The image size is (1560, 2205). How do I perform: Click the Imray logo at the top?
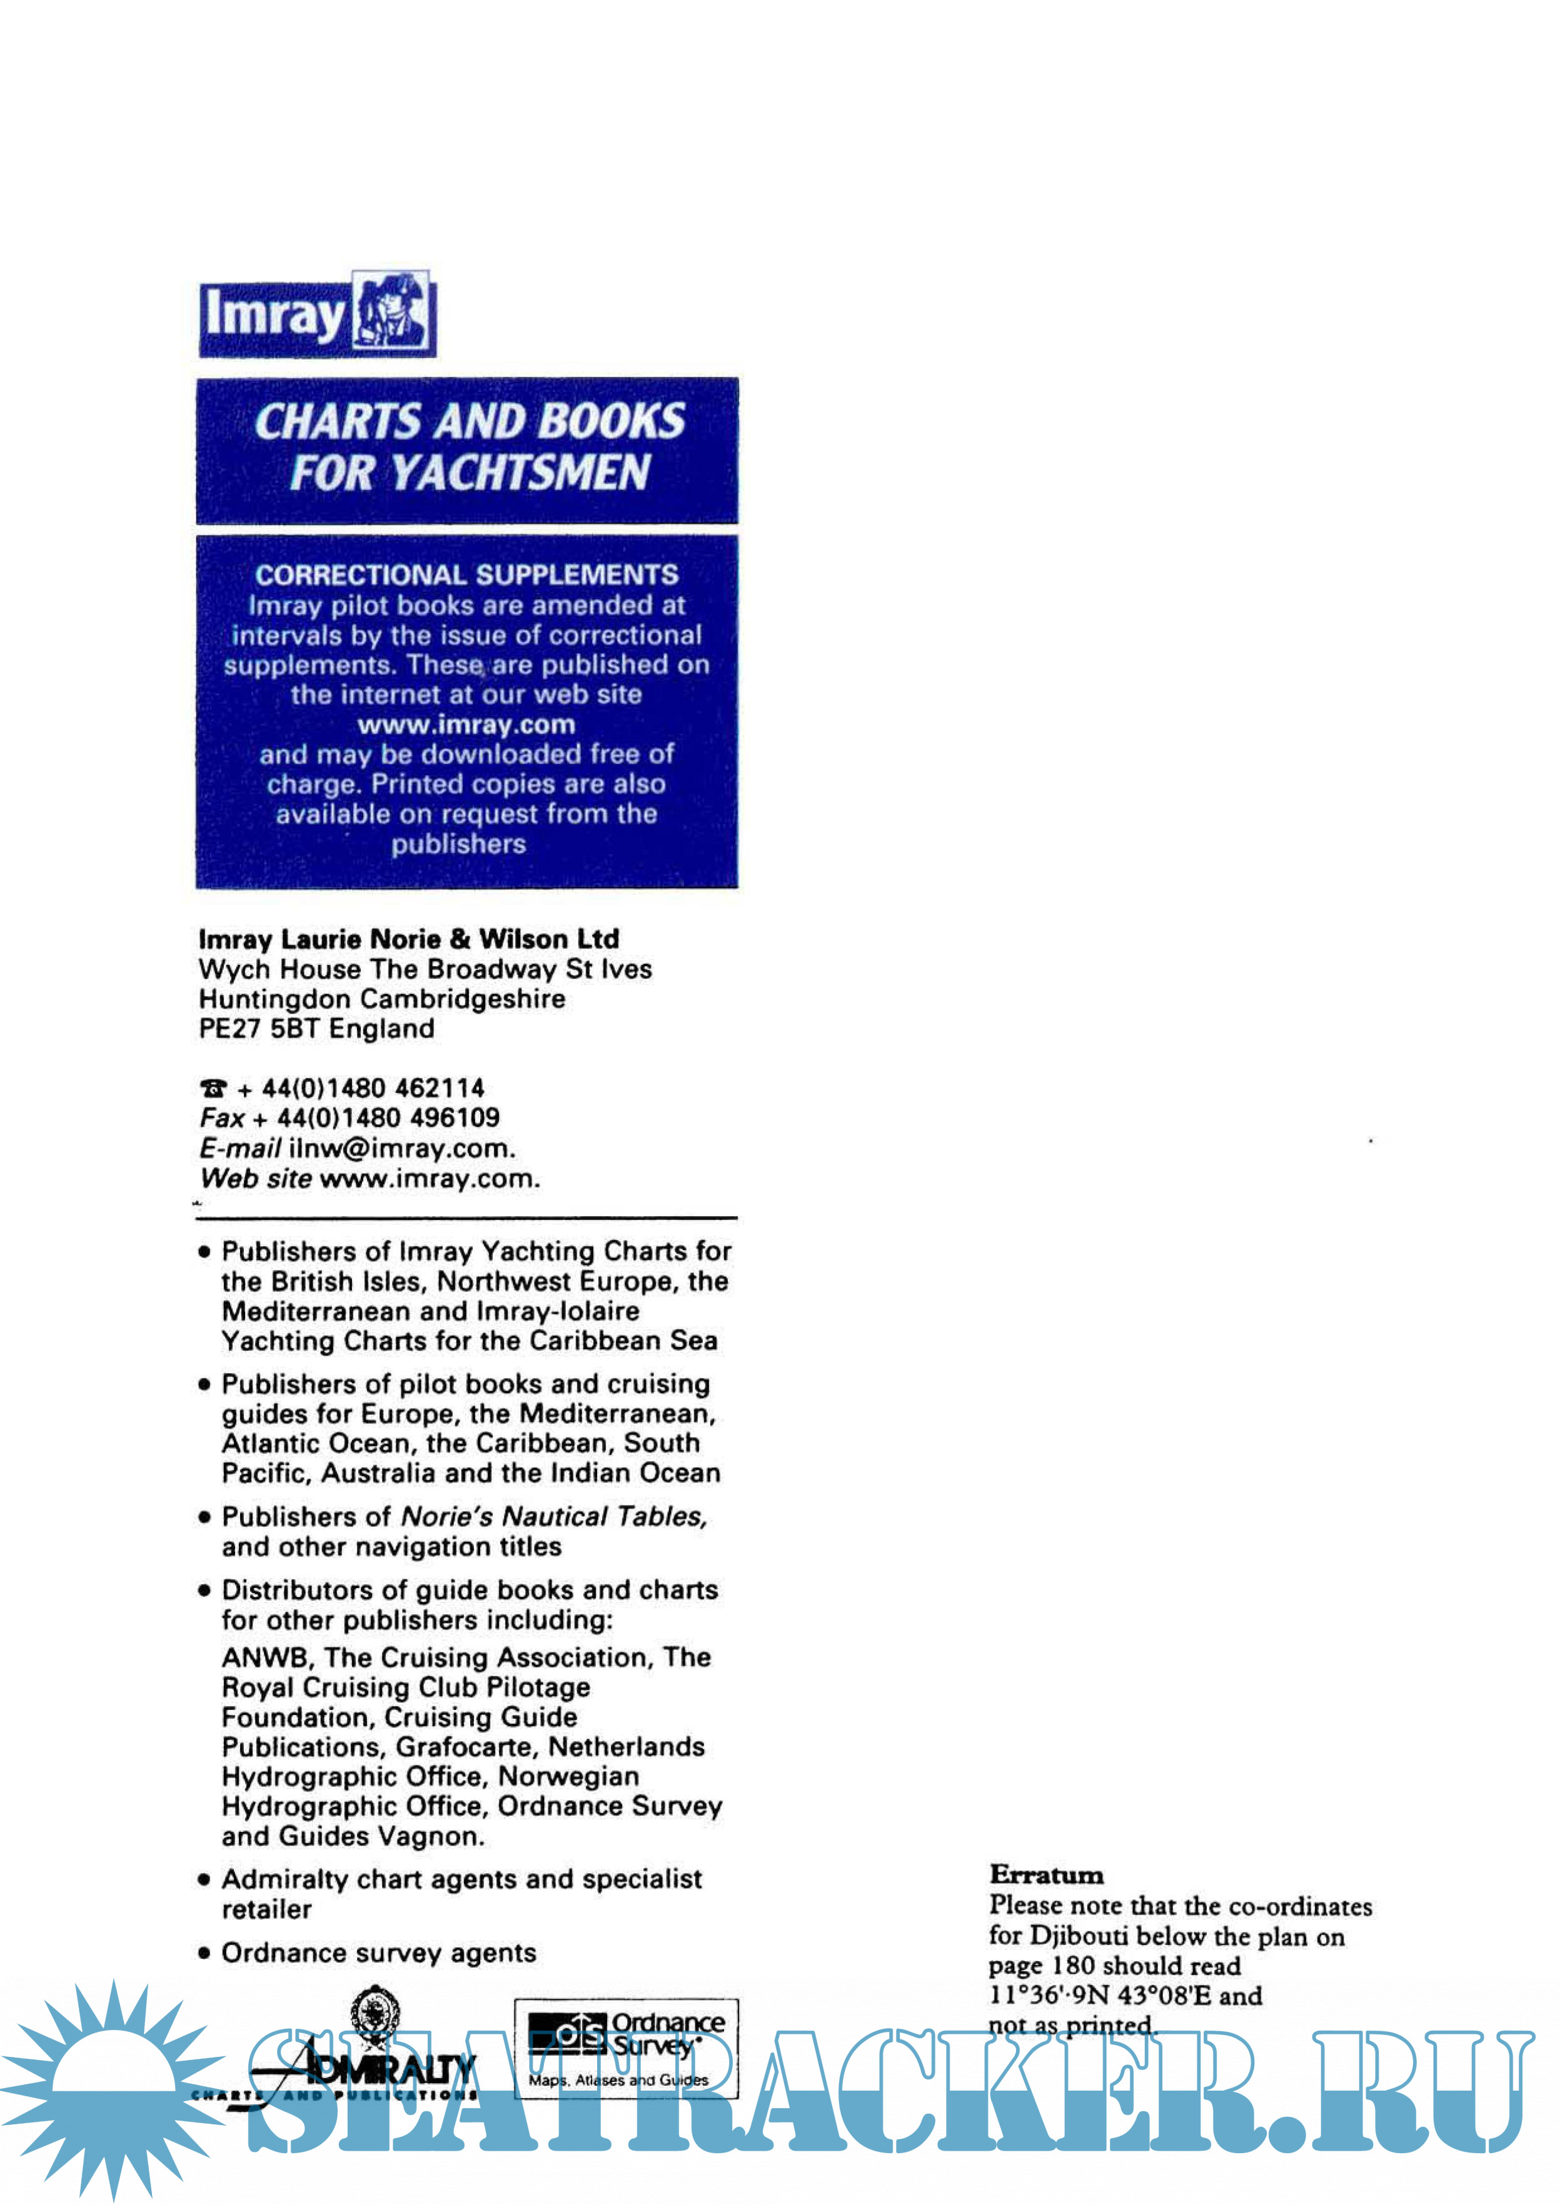[317, 314]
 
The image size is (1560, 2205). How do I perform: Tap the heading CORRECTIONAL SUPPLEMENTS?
[467, 574]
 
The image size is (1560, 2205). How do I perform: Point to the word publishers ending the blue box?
[458, 844]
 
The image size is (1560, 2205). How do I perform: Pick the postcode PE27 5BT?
[259, 1029]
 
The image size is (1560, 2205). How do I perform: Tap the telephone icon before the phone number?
[213, 1088]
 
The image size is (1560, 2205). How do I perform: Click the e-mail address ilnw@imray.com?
[401, 1149]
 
